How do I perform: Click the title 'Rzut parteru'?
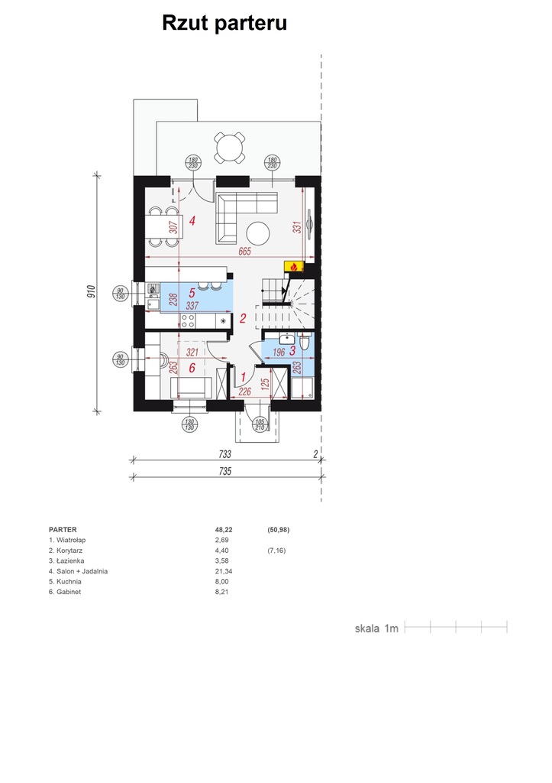pos(224,24)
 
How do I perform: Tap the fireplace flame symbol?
pos(294,267)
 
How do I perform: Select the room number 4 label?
pos(192,220)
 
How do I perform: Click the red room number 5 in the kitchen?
pos(192,293)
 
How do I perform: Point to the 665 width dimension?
pos(244,251)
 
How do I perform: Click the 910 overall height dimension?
pos(90,292)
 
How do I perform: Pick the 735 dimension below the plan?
pos(225,471)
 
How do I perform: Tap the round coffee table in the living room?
pos(258,233)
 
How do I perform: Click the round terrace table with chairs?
pos(230,148)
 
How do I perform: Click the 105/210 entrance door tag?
pos(260,425)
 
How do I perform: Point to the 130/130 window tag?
pos(189,425)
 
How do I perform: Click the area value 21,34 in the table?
pos(224,571)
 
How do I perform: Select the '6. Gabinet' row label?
pos(65,592)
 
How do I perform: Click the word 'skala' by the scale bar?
pos(367,629)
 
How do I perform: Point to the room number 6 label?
pos(192,369)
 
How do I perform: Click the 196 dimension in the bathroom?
pos(279,353)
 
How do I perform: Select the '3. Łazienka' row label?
pos(66,560)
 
